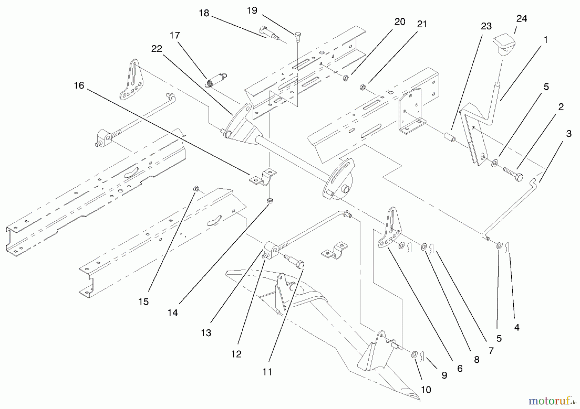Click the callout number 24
pyautogui.click(x=522, y=19)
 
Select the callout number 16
pyautogui.click(x=79, y=86)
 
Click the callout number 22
pyautogui.click(x=157, y=49)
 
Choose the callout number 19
pyautogui.click(x=252, y=11)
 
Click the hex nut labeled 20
pyautogui.click(x=346, y=78)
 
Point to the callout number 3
pyautogui.click(x=569, y=134)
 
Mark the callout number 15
pyautogui.click(x=144, y=302)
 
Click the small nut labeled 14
pyautogui.click(x=270, y=201)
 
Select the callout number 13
pyautogui.click(x=206, y=333)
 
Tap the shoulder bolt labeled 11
pyautogui.click(x=295, y=261)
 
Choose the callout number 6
pyautogui.click(x=460, y=368)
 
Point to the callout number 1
pyautogui.click(x=546, y=40)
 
